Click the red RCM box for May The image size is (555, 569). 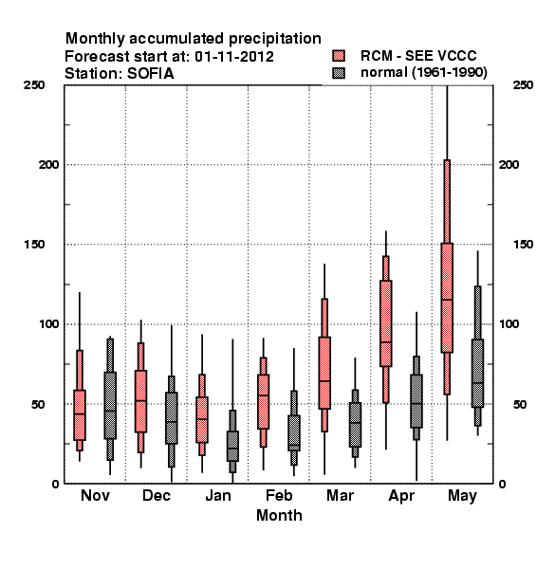[447, 298]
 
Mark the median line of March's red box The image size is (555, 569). [324, 380]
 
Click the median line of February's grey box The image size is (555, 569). [294, 445]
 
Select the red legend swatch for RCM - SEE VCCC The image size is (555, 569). [339, 56]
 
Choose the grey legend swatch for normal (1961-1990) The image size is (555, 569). [339, 73]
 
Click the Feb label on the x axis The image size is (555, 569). [279, 495]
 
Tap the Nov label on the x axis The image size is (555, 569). [95, 495]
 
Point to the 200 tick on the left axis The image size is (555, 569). [48, 164]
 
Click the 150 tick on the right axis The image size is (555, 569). [524, 245]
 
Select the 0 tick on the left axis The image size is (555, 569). [55, 484]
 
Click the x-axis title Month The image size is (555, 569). [279, 515]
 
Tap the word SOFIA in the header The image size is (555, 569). [150, 74]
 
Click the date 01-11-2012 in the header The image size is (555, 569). [234, 57]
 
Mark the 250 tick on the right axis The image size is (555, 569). [524, 85]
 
